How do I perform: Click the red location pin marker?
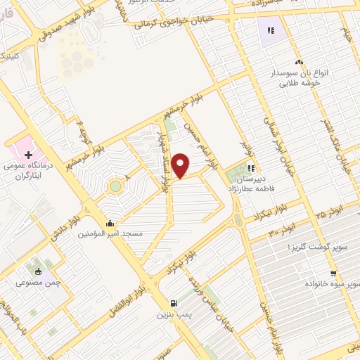(x=181, y=165)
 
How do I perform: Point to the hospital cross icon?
(x=28, y=154)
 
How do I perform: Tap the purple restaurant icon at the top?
(x=270, y=30)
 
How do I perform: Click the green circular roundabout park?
(x=115, y=186)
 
